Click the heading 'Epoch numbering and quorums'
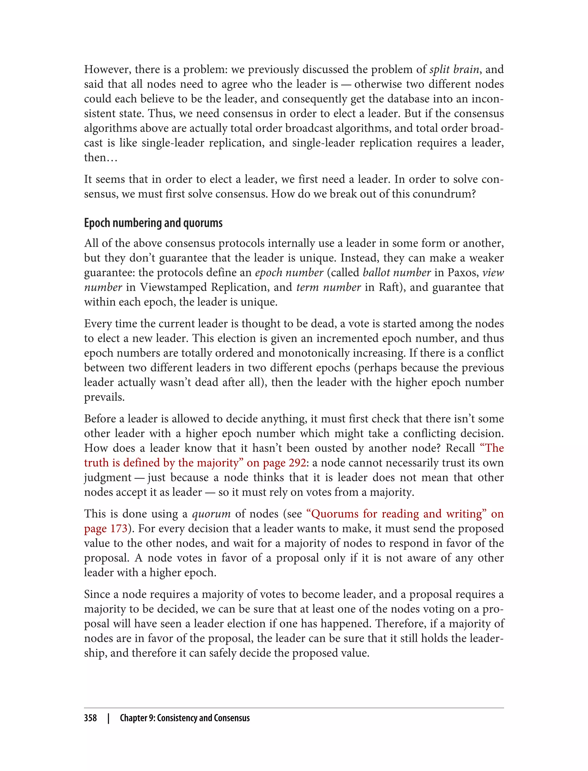click(153, 223)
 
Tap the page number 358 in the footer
click(90, 718)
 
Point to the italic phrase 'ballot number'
click(396, 272)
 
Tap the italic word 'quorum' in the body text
click(211, 514)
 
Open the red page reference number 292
click(297, 463)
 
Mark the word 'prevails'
click(104, 397)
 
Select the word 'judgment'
click(107, 477)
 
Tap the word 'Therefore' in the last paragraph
click(400, 624)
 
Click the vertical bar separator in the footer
click(109, 718)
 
